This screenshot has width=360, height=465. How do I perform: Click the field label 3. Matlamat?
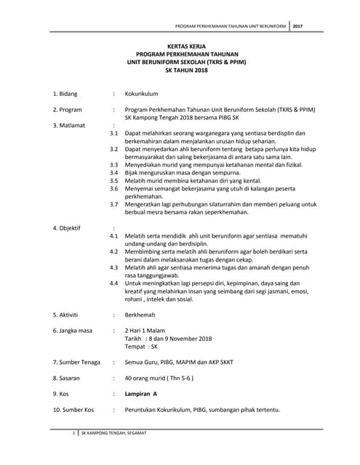click(x=69, y=125)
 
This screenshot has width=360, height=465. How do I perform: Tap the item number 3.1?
click(x=113, y=134)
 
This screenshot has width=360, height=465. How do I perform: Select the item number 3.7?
click(x=113, y=204)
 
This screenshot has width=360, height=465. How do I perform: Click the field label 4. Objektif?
click(x=68, y=228)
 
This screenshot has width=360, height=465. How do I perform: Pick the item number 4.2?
click(x=113, y=251)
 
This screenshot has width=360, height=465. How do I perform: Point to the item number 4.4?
click(x=113, y=283)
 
